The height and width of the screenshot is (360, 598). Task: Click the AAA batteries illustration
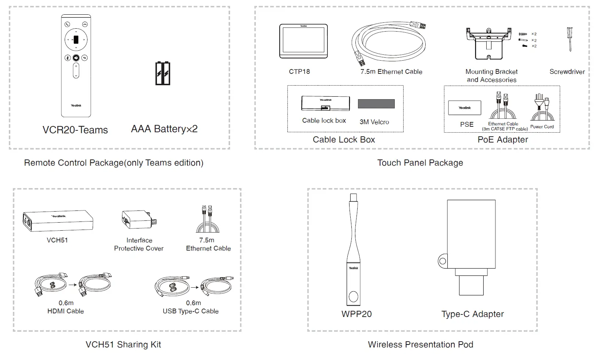pos(162,73)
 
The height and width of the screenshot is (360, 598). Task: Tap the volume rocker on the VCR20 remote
pos(76,71)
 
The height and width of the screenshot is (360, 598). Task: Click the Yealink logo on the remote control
pos(76,105)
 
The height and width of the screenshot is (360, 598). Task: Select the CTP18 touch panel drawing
pos(303,41)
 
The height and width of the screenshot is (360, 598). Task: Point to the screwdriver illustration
pos(570,39)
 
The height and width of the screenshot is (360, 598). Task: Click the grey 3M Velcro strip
pos(376,104)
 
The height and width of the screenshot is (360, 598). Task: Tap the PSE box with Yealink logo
pos(465,108)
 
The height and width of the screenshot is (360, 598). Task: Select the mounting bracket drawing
pos(488,43)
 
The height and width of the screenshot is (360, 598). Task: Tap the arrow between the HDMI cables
pos(72,284)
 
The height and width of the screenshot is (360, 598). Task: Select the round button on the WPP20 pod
pos(353,296)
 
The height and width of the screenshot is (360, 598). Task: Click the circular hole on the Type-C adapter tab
pos(443,262)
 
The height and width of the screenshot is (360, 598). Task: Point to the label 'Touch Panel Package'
pos(420,163)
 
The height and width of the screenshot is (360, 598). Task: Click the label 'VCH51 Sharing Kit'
pos(123,345)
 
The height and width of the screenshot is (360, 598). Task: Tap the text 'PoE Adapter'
pos(502,140)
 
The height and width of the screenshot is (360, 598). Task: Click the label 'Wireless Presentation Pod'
pos(420,345)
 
